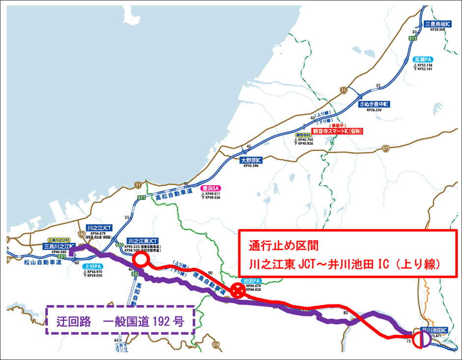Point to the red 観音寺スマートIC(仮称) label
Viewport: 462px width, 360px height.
337,131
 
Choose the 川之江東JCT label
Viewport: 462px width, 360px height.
142,241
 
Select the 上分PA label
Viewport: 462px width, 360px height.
92,266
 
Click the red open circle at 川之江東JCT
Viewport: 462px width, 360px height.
141,260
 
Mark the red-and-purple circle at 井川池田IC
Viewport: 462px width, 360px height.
421,339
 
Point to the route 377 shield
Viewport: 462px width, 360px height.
385,148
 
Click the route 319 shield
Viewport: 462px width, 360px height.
215,346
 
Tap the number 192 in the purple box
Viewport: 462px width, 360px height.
162,322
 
